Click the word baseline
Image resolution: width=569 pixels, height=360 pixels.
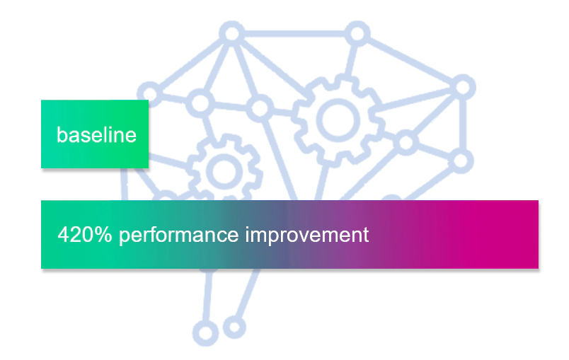point(96,134)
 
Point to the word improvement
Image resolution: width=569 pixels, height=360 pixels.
point(307,235)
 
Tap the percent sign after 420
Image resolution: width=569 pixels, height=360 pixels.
point(104,235)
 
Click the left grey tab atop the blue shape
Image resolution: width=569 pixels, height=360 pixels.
point(231,19)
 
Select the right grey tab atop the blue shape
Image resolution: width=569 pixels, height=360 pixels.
point(356,19)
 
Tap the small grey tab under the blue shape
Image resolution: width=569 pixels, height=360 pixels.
point(206,348)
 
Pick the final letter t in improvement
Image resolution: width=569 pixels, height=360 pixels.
point(365,235)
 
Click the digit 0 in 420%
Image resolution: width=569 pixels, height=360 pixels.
point(88,235)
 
